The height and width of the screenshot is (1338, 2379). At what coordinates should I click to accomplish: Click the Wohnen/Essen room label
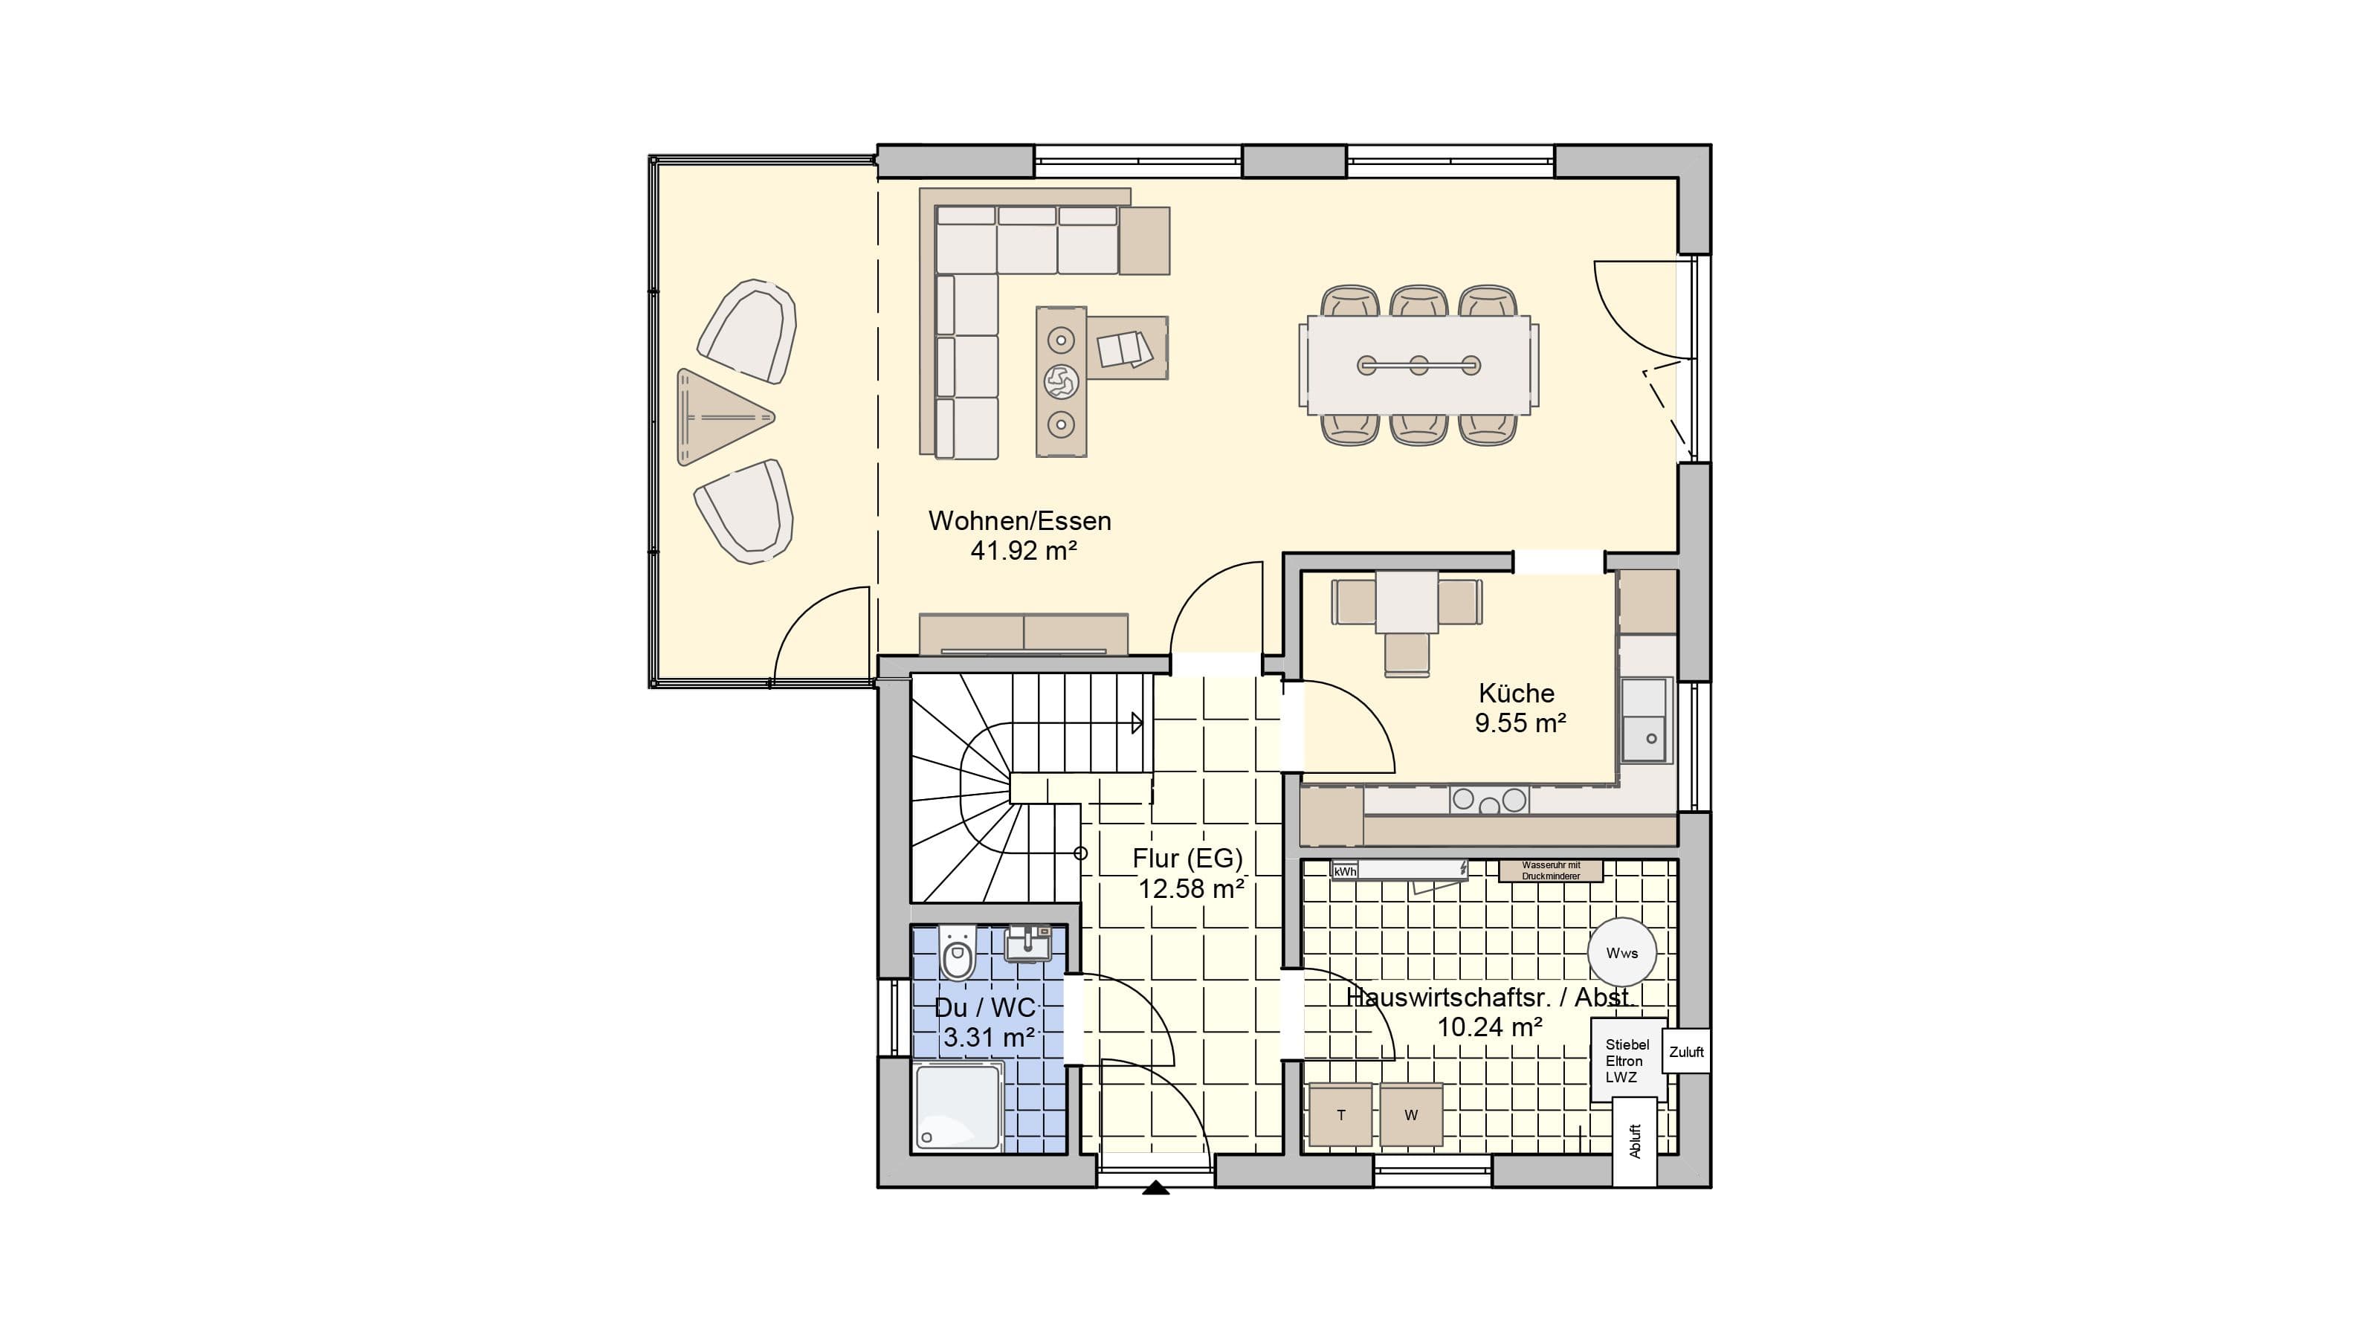coord(1019,521)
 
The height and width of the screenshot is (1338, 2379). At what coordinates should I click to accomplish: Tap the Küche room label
coord(1517,694)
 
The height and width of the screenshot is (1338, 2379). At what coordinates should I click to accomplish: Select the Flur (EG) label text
coord(1188,858)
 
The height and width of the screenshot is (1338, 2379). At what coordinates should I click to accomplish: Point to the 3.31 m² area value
coord(988,1037)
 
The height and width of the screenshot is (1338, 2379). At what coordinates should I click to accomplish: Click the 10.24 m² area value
coord(1490,1027)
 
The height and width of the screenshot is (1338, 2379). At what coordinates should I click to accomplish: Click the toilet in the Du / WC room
coord(958,954)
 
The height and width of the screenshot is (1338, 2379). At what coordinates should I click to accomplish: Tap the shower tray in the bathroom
coord(958,1107)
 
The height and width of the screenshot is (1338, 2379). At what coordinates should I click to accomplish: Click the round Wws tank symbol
coord(1621,953)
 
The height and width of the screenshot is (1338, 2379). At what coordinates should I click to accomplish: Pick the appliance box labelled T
coord(1341,1114)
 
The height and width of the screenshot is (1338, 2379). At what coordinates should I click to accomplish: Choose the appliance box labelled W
coord(1411,1114)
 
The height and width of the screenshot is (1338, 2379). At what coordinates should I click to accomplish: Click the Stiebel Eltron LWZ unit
coord(1628,1060)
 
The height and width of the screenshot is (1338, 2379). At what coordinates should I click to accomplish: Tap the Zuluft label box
coord(1686,1052)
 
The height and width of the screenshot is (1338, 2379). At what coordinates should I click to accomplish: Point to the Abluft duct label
coord(1635,1141)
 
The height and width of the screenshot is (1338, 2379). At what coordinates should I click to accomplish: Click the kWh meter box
coord(1346,870)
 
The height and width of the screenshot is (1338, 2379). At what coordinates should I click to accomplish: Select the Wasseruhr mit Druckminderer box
coord(1551,870)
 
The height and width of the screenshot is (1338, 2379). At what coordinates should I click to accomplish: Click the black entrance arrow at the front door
coord(1155,1189)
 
